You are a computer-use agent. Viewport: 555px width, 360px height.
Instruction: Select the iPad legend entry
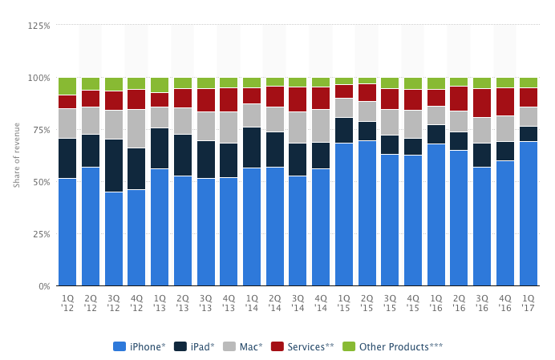[196, 346]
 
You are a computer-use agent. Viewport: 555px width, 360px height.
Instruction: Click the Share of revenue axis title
[16, 156]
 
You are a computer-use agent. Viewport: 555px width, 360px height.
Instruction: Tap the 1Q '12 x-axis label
[67, 301]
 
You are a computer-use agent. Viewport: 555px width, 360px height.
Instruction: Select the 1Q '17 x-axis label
[529, 301]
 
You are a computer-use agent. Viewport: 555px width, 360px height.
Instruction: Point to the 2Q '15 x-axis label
[367, 301]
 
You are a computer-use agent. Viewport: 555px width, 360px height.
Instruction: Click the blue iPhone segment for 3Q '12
[114, 239]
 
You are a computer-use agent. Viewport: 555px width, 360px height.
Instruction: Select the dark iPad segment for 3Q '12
[114, 165]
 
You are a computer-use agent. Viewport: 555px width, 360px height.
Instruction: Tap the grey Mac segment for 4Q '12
[136, 128]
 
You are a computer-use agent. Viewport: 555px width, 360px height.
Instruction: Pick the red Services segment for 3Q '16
[482, 103]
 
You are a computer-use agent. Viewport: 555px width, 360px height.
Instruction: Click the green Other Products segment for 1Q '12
[67, 86]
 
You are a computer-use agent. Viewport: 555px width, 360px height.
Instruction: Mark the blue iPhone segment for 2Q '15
[367, 213]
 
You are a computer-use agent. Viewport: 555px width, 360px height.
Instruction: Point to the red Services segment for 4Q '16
[505, 102]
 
